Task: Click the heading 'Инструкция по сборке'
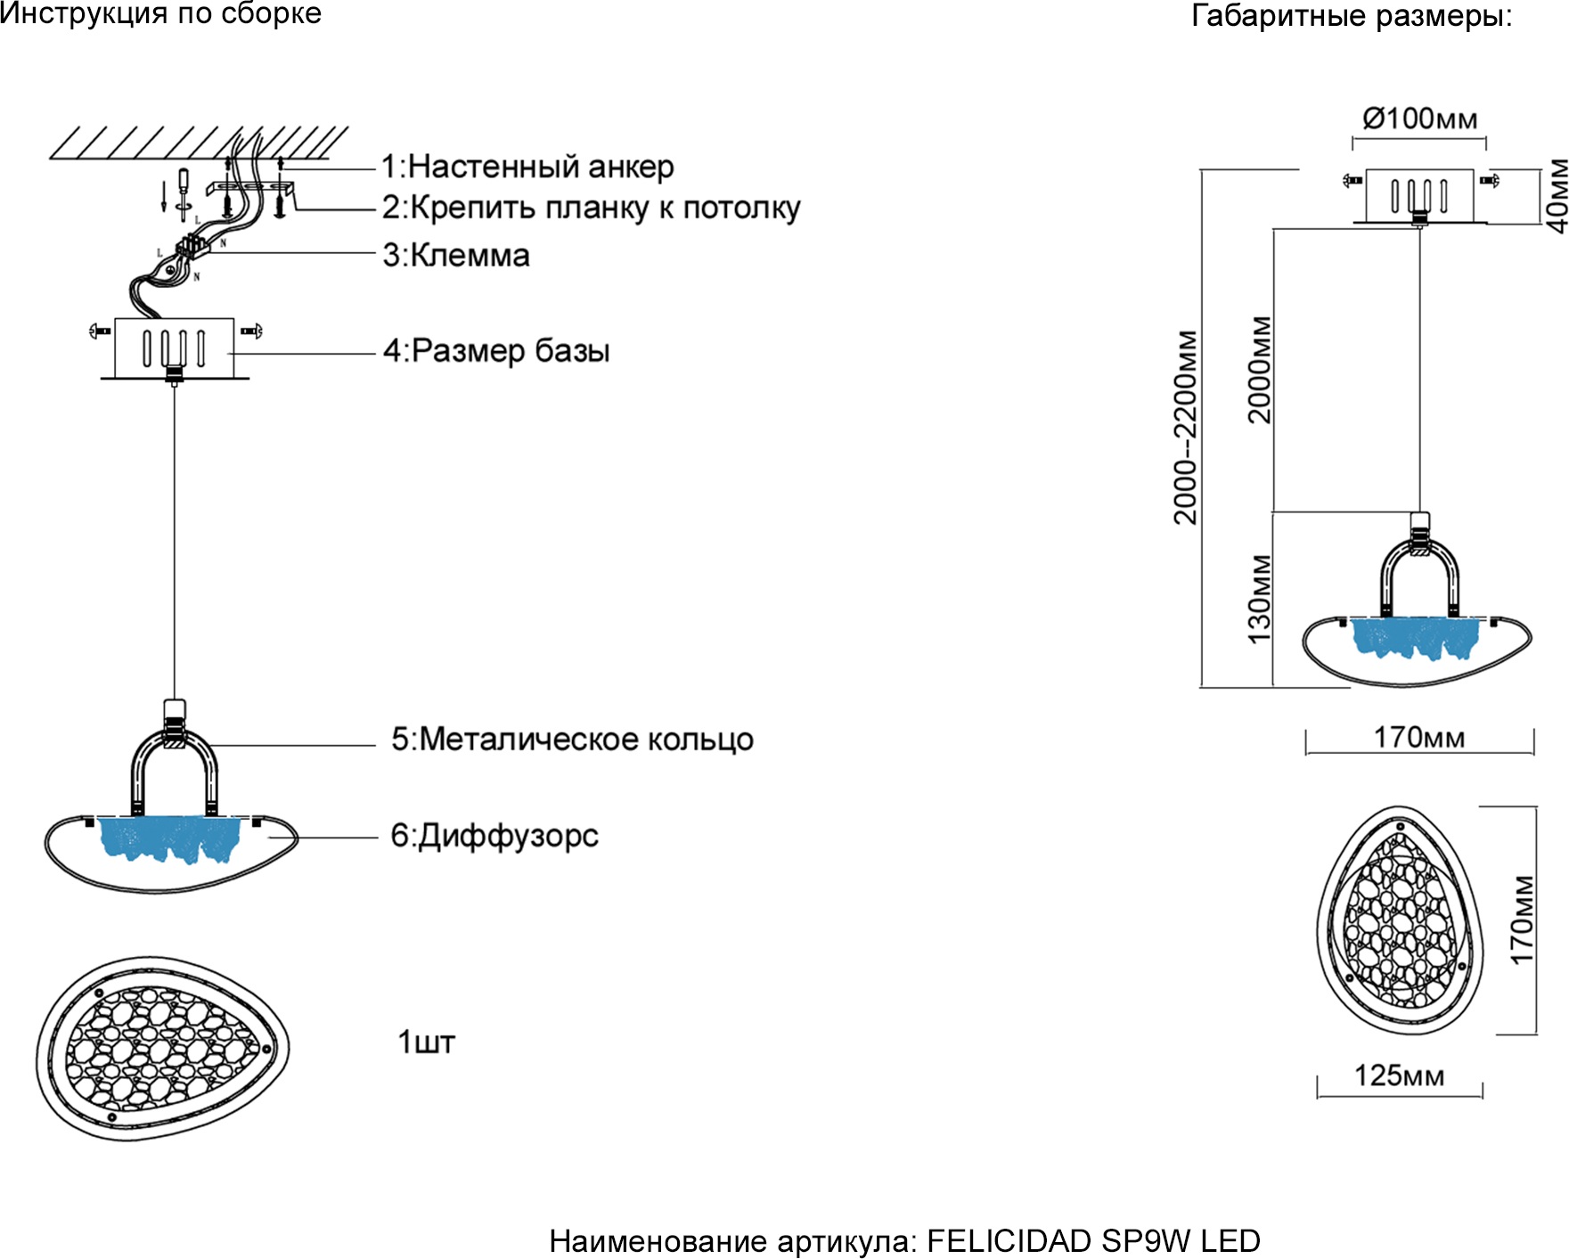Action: point(160,14)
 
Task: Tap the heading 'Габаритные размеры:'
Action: point(1352,16)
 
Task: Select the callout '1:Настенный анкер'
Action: point(527,167)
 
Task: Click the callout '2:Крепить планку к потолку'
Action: point(591,208)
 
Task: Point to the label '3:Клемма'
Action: point(456,256)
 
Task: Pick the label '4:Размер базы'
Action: point(496,351)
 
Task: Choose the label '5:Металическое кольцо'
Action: point(572,740)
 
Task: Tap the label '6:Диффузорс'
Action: point(494,836)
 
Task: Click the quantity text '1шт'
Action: point(426,1042)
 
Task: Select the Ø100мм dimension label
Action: point(1419,119)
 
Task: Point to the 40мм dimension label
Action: point(1556,196)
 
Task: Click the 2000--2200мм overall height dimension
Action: point(1186,428)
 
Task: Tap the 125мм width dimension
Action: point(1399,1075)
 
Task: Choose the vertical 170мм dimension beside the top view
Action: point(1523,920)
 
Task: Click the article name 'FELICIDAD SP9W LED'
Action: point(1093,1241)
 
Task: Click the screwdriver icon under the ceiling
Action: point(184,187)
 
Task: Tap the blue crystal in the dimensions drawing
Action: point(1414,638)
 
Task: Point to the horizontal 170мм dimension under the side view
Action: point(1418,738)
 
